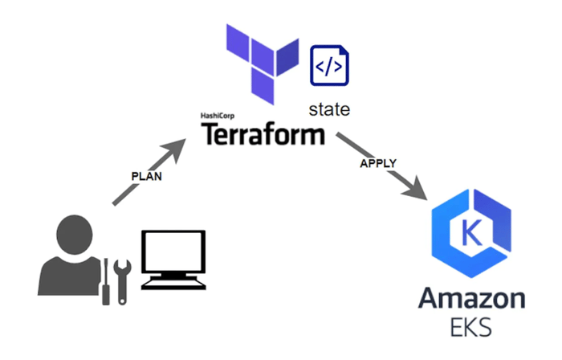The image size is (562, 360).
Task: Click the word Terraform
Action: coord(263,133)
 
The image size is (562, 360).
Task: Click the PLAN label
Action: coord(146,175)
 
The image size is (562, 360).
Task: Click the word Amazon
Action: coord(470,301)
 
